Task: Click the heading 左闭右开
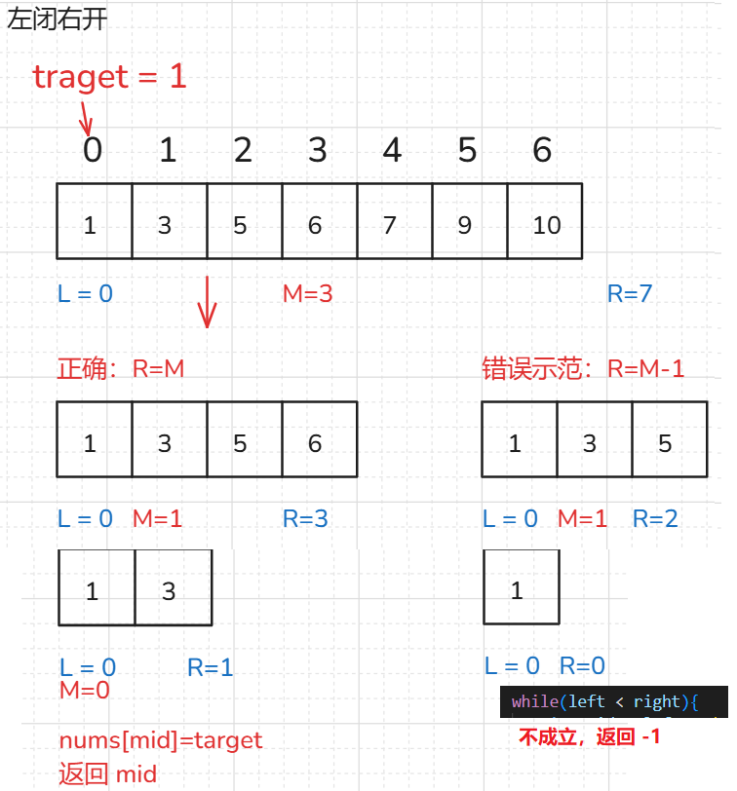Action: pyautogui.click(x=57, y=20)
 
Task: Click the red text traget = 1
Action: pyautogui.click(x=109, y=76)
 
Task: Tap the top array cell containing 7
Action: pyautogui.click(x=390, y=225)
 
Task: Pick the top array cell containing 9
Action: pyautogui.click(x=465, y=225)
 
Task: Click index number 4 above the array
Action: pyautogui.click(x=392, y=150)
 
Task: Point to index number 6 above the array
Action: pyautogui.click(x=542, y=150)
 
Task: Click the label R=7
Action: pyautogui.click(x=630, y=292)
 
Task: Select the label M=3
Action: pyautogui.click(x=307, y=292)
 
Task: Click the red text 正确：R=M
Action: pyautogui.click(x=121, y=368)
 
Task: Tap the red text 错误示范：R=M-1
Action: pyautogui.click(x=583, y=368)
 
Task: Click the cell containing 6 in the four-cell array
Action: pyautogui.click(x=315, y=443)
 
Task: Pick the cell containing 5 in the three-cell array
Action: pyautogui.click(x=665, y=443)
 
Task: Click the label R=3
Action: pyautogui.click(x=305, y=518)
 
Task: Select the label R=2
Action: pyautogui.click(x=655, y=518)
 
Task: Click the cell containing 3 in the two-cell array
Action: pyautogui.click(x=169, y=591)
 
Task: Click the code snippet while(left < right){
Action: pyautogui.click(x=605, y=701)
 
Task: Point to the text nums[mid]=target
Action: pyautogui.click(x=161, y=740)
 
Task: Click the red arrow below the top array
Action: pyautogui.click(x=206, y=302)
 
